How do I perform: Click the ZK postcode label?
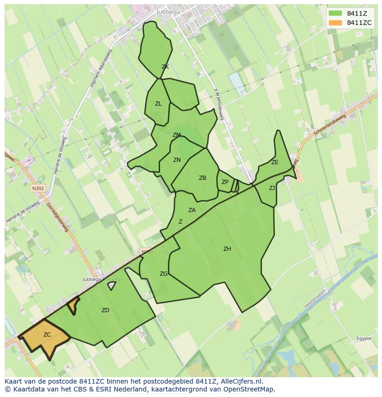point(165,67)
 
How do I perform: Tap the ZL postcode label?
point(158,104)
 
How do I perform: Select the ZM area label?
point(177,135)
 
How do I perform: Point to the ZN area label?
point(177,160)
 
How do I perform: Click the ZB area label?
point(203,178)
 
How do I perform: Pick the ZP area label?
point(225,182)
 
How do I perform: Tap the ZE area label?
point(275,162)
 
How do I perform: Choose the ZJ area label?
point(272,188)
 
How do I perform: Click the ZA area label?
point(192,210)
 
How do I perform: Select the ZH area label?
point(227,249)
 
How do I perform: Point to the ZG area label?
point(163,274)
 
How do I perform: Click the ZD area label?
point(105,310)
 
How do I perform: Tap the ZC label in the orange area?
point(47,335)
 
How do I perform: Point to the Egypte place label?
point(364,338)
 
